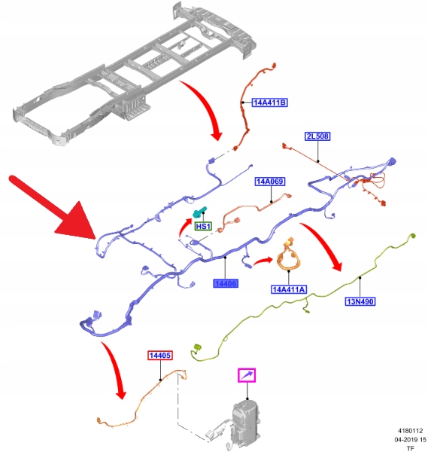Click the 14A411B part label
pyautogui.click(x=270, y=102)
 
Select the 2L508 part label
pyautogui.click(x=317, y=136)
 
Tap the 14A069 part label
pyautogui.click(x=270, y=182)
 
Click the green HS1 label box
pyautogui.click(x=204, y=226)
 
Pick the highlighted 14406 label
pyautogui.click(x=226, y=284)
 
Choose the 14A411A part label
pyautogui.click(x=289, y=289)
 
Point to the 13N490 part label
pyautogui.click(x=360, y=301)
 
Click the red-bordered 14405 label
pyautogui.click(x=160, y=356)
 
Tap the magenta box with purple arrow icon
pyautogui.click(x=247, y=375)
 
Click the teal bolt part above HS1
pyautogui.click(x=199, y=212)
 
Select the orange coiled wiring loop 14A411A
pyautogui.click(x=289, y=255)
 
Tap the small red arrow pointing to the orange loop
pyautogui.click(x=263, y=261)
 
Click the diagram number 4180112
pyautogui.click(x=410, y=431)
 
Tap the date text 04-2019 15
pyautogui.click(x=410, y=440)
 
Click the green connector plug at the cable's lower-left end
pyautogui.click(x=197, y=347)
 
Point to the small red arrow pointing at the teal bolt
pyautogui.click(x=184, y=228)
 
